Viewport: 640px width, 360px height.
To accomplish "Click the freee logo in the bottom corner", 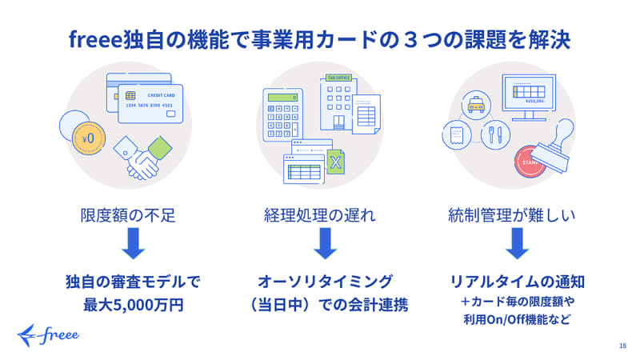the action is point(48,335).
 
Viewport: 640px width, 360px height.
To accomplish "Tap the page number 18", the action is point(622,346).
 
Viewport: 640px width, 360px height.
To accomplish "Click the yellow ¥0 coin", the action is point(89,138).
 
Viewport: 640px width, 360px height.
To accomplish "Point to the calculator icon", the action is point(283,115).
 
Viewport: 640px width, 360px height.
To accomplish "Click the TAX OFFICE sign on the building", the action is point(338,78).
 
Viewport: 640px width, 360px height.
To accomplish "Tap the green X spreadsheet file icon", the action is point(335,162).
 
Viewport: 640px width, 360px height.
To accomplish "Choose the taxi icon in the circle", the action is point(476,105).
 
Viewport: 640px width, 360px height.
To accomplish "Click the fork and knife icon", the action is point(495,134).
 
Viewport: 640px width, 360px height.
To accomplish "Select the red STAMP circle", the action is point(529,162).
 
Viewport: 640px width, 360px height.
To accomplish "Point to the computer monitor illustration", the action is point(529,97).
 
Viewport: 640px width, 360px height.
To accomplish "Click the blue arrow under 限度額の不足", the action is point(134,243).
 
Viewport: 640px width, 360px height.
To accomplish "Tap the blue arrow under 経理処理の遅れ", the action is point(326,243).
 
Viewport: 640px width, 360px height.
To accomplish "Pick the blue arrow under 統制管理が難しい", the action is point(517,243).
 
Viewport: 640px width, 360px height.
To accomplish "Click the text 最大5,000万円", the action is point(134,305).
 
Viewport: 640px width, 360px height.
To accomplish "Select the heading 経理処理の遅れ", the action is point(319,215).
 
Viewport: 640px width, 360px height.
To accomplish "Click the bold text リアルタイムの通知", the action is point(517,282).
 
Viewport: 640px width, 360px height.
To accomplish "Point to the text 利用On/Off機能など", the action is point(517,319).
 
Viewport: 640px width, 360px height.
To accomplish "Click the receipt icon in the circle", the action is point(457,134).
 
